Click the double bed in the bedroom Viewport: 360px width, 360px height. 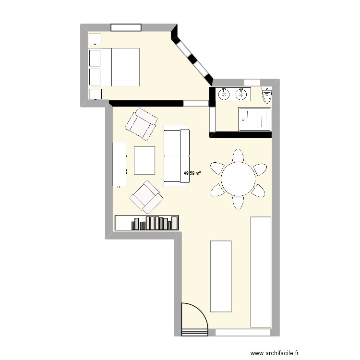(115, 67)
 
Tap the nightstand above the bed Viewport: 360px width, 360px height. (95, 39)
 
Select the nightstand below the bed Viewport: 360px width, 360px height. (95, 94)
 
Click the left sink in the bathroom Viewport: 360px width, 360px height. (224, 95)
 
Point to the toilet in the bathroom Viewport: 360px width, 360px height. (267, 95)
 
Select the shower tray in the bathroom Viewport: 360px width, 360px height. (255, 119)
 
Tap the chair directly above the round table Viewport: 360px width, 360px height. (238, 156)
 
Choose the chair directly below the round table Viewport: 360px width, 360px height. (238, 203)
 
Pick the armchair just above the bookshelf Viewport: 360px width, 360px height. (146, 196)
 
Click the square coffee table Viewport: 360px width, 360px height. (145, 160)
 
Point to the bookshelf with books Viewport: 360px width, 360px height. (147, 222)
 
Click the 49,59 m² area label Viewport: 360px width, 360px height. (192, 173)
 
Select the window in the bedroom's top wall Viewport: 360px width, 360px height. (125, 27)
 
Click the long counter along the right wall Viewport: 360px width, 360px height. (261, 272)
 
